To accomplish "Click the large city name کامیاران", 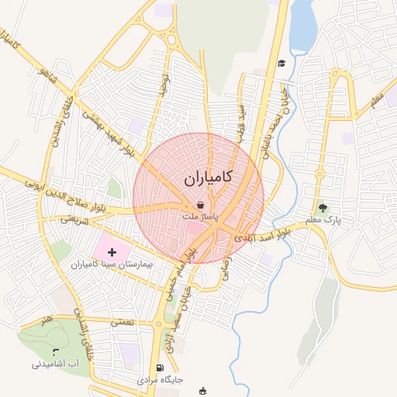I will click(x=208, y=179).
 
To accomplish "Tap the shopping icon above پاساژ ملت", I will click(x=201, y=205).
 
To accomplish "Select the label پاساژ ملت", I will click(x=201, y=218).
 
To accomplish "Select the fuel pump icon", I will click(x=159, y=368).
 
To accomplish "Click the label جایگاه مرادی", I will click(x=160, y=381).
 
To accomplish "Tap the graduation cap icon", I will click(x=281, y=63).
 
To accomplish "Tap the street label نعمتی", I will click(x=122, y=320).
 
